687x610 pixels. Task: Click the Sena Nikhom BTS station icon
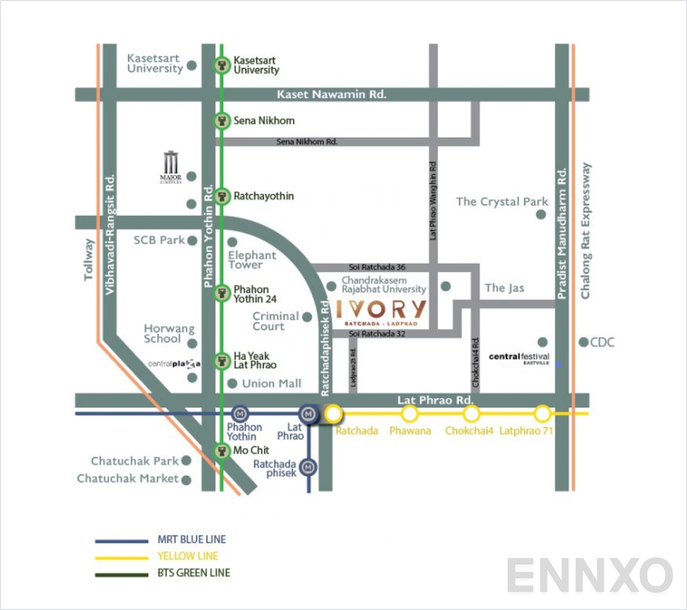tap(222, 120)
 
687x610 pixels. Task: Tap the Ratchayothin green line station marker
tap(222, 196)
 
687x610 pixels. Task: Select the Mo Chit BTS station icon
tap(222, 451)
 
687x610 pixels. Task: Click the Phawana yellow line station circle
tap(410, 414)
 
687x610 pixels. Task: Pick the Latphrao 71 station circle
tap(542, 414)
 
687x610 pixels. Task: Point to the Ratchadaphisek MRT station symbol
tap(308, 467)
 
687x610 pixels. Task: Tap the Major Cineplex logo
tap(171, 167)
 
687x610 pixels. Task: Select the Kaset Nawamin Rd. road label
tap(331, 95)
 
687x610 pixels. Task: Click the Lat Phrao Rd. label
tap(435, 400)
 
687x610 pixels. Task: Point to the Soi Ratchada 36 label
tap(377, 267)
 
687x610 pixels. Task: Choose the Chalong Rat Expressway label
tap(586, 231)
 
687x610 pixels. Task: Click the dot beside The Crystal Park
tap(541, 214)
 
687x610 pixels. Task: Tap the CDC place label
tap(602, 342)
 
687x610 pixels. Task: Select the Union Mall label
tap(272, 383)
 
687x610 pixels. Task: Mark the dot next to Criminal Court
tap(307, 317)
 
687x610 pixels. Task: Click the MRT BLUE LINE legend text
tap(192, 539)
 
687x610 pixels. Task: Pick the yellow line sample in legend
tap(121, 557)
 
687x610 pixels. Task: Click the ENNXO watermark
tap(589, 575)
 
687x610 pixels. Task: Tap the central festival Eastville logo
tap(519, 358)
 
